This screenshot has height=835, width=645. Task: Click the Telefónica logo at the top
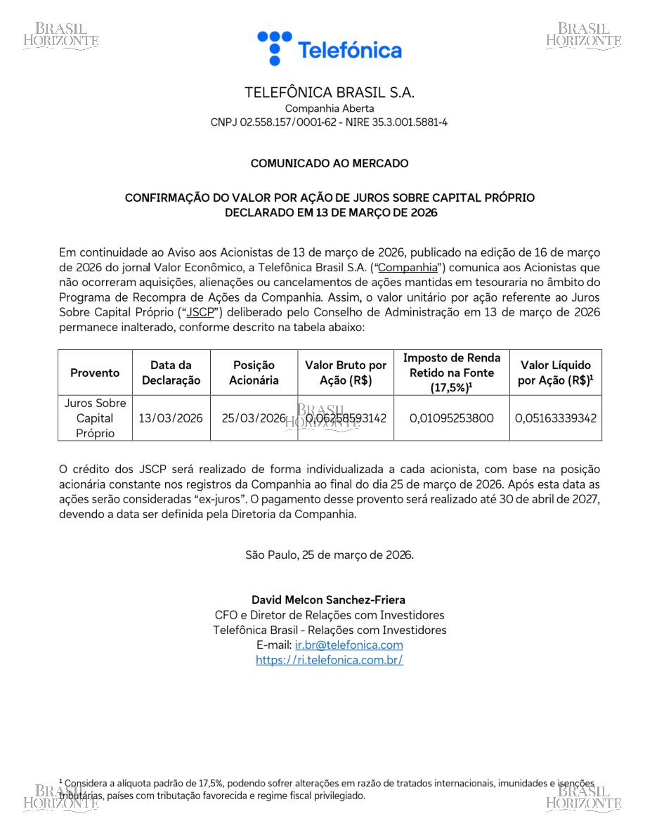[329, 48]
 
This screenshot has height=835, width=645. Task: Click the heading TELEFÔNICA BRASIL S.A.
[329, 93]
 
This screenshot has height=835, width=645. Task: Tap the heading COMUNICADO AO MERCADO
[329, 164]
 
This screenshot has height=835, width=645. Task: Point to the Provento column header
[95, 373]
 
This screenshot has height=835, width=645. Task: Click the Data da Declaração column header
[171, 373]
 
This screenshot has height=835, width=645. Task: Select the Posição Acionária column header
[254, 373]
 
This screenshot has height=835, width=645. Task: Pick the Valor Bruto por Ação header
[345, 373]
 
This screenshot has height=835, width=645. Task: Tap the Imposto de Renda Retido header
[451, 373]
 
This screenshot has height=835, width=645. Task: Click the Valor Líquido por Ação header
[555, 373]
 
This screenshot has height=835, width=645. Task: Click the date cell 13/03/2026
[171, 418]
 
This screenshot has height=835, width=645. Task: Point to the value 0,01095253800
[451, 418]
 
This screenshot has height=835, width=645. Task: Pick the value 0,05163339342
[555, 418]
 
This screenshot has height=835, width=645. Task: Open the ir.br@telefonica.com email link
[348, 645]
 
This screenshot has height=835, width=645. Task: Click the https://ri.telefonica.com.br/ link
[329, 660]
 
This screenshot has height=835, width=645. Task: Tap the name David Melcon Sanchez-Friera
[328, 600]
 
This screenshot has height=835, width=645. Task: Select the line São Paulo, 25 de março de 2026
[329, 555]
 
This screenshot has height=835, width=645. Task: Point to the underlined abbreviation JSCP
[200, 312]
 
